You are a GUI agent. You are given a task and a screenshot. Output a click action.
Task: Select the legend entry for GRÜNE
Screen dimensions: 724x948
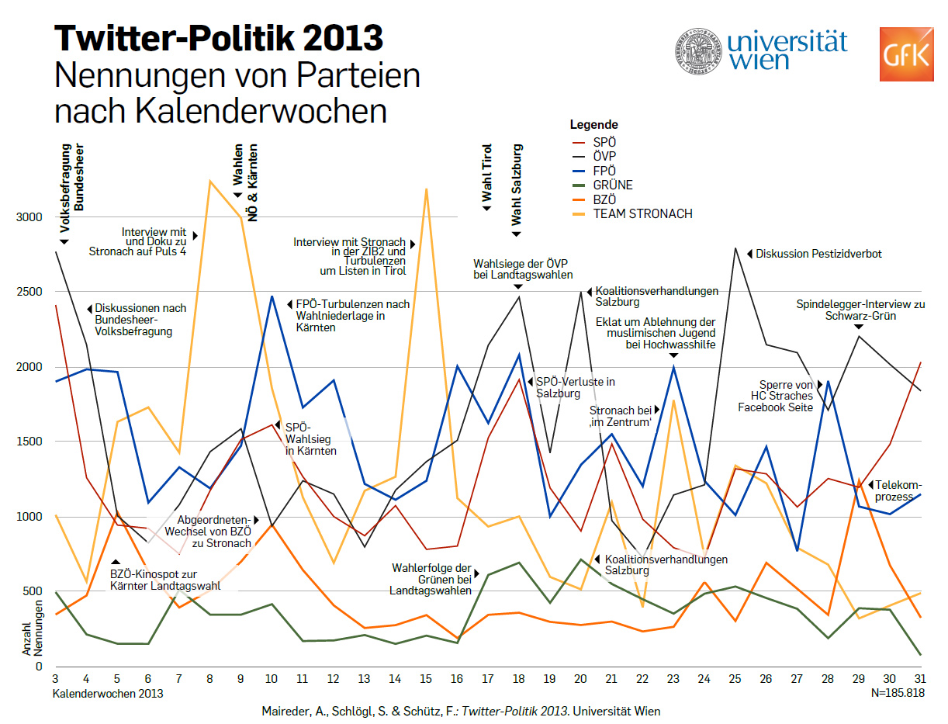(613, 185)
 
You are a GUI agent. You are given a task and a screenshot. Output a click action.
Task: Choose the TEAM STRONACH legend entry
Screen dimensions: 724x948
(642, 214)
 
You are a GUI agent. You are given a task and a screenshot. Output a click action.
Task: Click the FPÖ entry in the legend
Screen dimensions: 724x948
(604, 171)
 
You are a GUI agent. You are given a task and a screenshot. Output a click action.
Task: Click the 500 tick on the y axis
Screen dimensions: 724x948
(33, 592)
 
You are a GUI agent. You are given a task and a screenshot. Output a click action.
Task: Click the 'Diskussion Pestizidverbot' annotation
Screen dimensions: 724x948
(818, 254)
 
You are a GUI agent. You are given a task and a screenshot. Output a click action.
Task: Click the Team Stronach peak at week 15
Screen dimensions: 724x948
(426, 189)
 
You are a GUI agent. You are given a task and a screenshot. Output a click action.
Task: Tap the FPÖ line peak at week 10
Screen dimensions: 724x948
(272, 296)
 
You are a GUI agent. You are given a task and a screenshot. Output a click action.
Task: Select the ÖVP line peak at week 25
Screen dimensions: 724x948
(734, 248)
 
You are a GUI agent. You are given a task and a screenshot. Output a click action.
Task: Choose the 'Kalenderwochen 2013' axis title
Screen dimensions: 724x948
(108, 694)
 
